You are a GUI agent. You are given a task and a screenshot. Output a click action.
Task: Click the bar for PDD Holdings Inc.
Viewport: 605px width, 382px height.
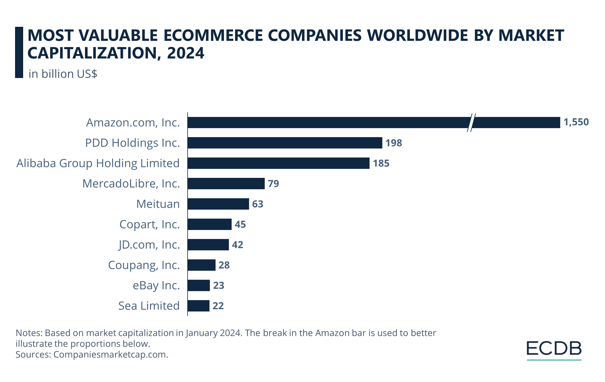[x=285, y=143]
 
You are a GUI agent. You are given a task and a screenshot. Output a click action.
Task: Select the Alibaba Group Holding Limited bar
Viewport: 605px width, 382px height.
[x=278, y=163]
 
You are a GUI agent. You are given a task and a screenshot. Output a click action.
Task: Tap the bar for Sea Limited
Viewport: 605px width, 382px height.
[x=198, y=306]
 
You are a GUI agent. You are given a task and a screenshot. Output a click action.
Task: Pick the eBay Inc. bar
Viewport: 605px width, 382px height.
[x=198, y=285]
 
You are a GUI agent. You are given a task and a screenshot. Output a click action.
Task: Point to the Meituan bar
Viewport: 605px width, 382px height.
[x=218, y=204]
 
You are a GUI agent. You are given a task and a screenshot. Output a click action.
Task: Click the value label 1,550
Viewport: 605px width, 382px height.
[x=576, y=122]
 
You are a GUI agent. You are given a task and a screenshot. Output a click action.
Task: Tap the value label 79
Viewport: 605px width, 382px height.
[x=273, y=184]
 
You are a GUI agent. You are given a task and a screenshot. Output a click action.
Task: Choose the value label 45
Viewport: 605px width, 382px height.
[x=240, y=224]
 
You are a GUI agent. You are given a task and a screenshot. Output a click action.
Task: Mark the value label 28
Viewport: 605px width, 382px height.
[x=224, y=265]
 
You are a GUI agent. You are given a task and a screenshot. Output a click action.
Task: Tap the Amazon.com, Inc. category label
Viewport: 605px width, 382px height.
[x=133, y=123]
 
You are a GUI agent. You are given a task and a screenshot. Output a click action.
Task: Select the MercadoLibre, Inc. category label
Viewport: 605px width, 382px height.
[x=131, y=184]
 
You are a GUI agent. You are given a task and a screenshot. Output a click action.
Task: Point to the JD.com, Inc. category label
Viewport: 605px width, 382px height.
[x=149, y=245]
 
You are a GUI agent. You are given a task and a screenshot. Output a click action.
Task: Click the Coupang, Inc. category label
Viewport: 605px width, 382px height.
[x=144, y=265]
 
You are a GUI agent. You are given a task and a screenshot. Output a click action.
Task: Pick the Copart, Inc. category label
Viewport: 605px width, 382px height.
[x=149, y=224]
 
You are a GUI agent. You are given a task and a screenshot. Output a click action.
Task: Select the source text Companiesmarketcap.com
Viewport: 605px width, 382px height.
[x=110, y=354]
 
